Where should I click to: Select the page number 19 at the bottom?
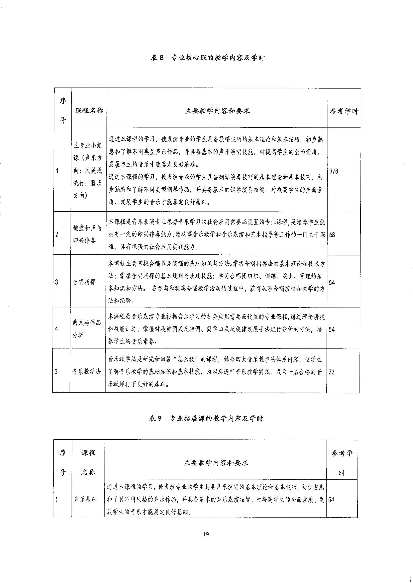pyautogui.click(x=206, y=534)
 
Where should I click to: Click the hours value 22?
pyautogui.click(x=331, y=372)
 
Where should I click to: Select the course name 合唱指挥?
pyautogui.click(x=84, y=282)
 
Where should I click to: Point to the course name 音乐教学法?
pyautogui.click(x=86, y=372)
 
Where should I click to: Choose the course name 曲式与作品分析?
pyautogui.click(x=86, y=329)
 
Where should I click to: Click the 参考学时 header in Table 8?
pyautogui.click(x=344, y=111)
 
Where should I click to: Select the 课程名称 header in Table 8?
pyautogui.click(x=89, y=111)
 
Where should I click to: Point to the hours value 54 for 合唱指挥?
pyautogui.click(x=332, y=283)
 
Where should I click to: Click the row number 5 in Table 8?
pyautogui.click(x=56, y=372)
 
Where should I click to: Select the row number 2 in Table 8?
pyautogui.click(x=57, y=234)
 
